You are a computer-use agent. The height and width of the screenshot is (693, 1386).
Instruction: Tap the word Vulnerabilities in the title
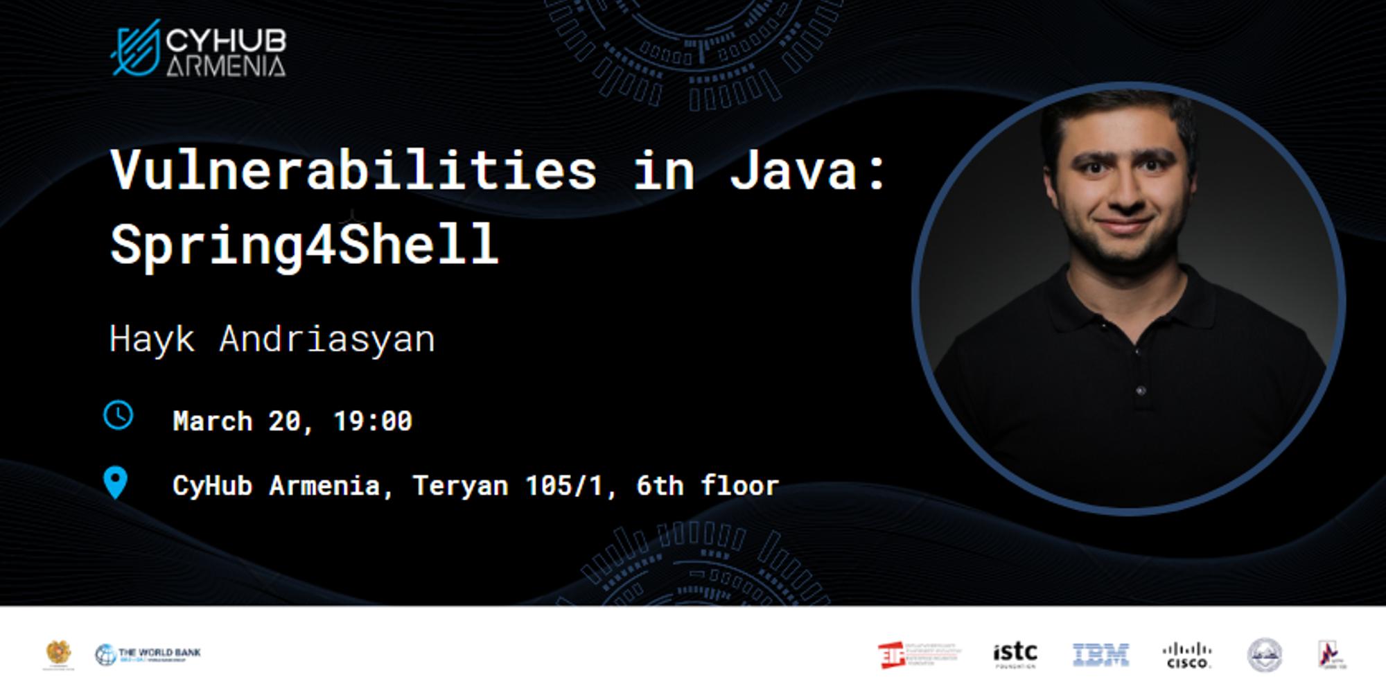tap(353, 170)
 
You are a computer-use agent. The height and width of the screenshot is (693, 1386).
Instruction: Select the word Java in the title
tap(793, 170)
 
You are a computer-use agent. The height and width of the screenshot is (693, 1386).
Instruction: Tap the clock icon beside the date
tap(119, 415)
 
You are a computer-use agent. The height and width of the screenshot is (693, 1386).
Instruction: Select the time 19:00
tap(373, 421)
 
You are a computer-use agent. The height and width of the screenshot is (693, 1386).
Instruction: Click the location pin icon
tap(116, 482)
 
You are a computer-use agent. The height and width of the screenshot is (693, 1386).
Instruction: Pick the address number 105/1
tap(564, 486)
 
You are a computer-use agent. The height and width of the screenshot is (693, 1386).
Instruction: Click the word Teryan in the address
tap(459, 486)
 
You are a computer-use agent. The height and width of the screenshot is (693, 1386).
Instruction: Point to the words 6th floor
tap(708, 486)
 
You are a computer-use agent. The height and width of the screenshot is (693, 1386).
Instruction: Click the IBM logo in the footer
tap(1100, 655)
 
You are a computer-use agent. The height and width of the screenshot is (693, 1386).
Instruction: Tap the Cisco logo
tap(1187, 655)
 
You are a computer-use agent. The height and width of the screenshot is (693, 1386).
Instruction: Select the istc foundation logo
tap(1015, 655)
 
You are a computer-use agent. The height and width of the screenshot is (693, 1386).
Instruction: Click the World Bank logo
tap(148, 655)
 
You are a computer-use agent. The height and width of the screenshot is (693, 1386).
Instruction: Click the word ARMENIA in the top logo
tap(226, 67)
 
